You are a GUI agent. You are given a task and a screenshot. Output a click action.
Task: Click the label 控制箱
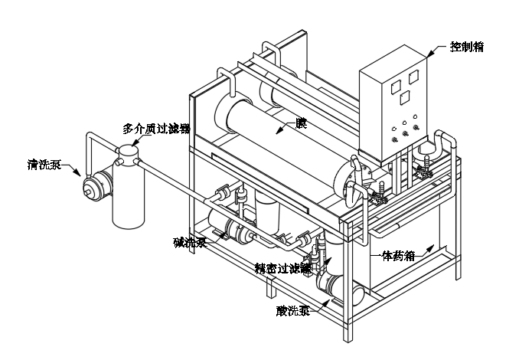467,46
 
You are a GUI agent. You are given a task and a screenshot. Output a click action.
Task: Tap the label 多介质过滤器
157,127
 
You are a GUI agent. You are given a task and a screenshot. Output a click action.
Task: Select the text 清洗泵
38,163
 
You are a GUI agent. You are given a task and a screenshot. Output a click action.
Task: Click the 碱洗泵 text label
189,243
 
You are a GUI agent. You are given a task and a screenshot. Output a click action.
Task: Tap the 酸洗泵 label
293,310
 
